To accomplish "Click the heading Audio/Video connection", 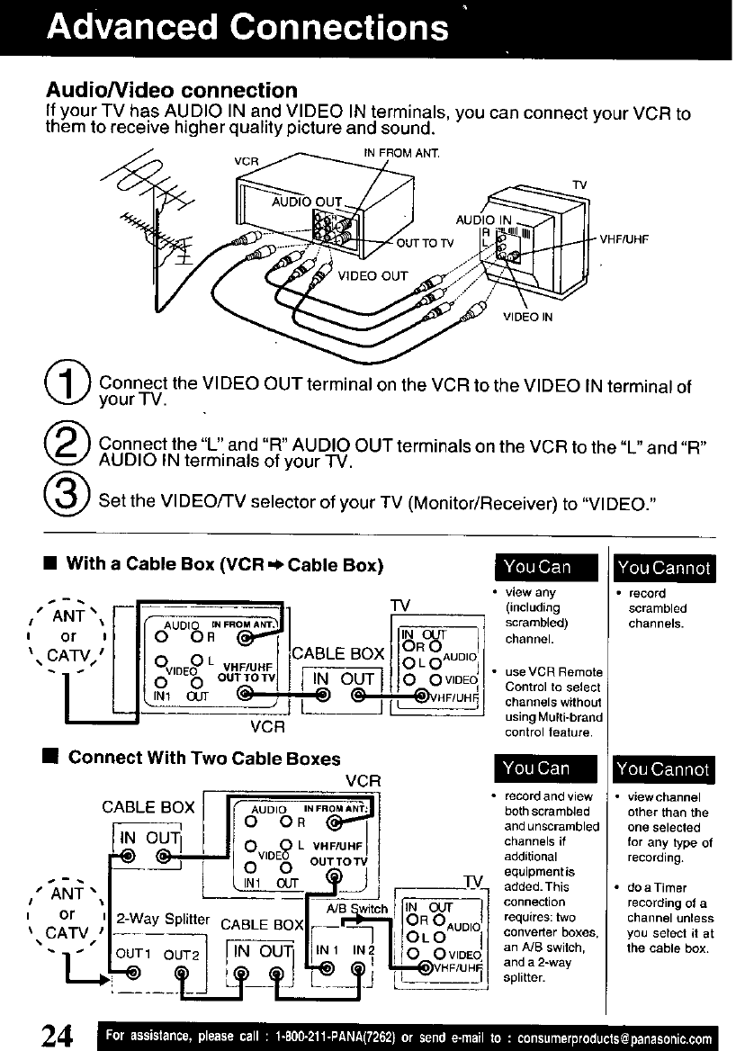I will (171, 90).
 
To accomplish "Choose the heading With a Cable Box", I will (225, 565).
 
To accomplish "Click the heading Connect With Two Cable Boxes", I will (204, 758).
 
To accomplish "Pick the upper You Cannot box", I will (663, 567).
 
